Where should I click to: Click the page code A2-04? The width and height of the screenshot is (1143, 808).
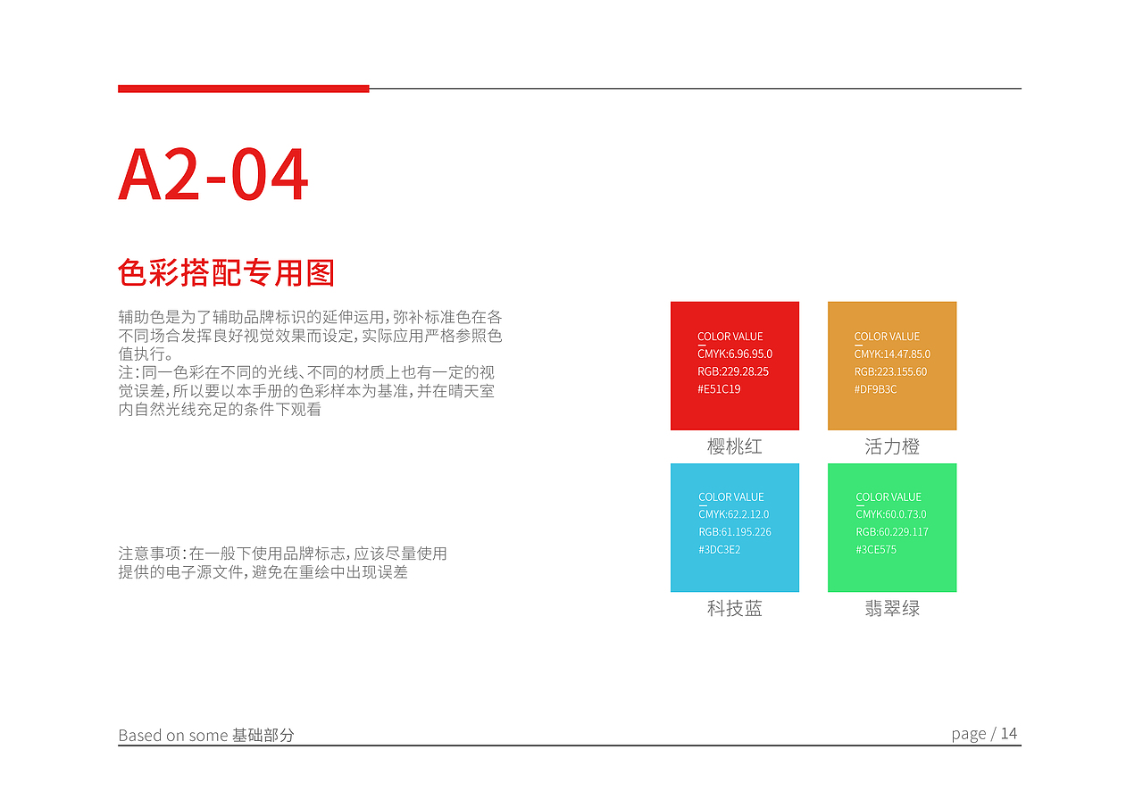click(213, 176)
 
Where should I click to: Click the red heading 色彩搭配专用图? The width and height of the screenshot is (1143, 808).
click(226, 273)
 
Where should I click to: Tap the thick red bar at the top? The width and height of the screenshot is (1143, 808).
click(243, 88)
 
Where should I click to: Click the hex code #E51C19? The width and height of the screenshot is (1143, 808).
click(719, 389)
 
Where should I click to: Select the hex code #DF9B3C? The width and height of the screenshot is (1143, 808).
click(875, 389)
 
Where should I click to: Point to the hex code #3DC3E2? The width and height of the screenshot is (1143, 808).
click(719, 550)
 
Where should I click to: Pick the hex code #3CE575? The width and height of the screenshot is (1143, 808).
click(876, 550)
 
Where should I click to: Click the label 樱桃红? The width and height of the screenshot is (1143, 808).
click(735, 446)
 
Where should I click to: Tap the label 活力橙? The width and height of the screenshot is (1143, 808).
click(892, 446)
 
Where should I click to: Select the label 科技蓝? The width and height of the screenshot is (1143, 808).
click(735, 609)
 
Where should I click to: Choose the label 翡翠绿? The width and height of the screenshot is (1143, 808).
click(892, 609)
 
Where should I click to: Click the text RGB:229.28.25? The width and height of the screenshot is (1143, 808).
click(733, 371)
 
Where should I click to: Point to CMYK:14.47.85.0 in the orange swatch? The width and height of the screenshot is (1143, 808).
click(892, 354)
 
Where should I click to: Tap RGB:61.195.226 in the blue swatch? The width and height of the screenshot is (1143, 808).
click(735, 532)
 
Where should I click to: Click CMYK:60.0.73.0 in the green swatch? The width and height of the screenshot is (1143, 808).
click(891, 514)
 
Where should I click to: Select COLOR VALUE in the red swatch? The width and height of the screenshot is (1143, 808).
click(730, 337)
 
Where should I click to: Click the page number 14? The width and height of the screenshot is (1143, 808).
click(1009, 734)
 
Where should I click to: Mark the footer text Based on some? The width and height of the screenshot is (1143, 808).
click(173, 736)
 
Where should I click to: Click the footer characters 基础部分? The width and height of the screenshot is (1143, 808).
click(263, 736)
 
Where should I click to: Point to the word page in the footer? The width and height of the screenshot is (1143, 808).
click(969, 735)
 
